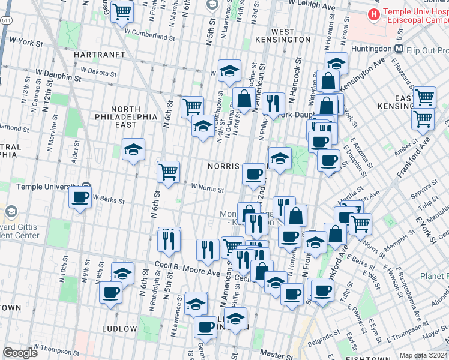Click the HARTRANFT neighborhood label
98,54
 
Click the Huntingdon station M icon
399,49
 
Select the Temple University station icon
86,187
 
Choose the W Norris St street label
207,190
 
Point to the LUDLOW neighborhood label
119,329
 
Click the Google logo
20,353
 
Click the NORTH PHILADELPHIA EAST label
126,116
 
